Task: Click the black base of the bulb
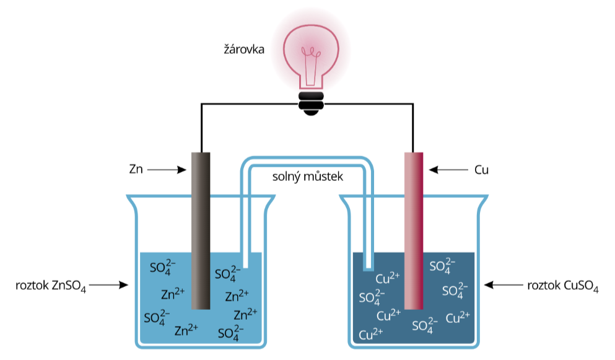312,101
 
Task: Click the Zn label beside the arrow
136,169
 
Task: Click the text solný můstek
308,177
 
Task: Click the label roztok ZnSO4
51,286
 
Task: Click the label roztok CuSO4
562,286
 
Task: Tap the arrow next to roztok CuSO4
503,286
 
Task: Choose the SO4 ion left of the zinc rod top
164,269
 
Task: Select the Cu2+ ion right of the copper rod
457,318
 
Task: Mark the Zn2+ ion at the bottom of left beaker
186,330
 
